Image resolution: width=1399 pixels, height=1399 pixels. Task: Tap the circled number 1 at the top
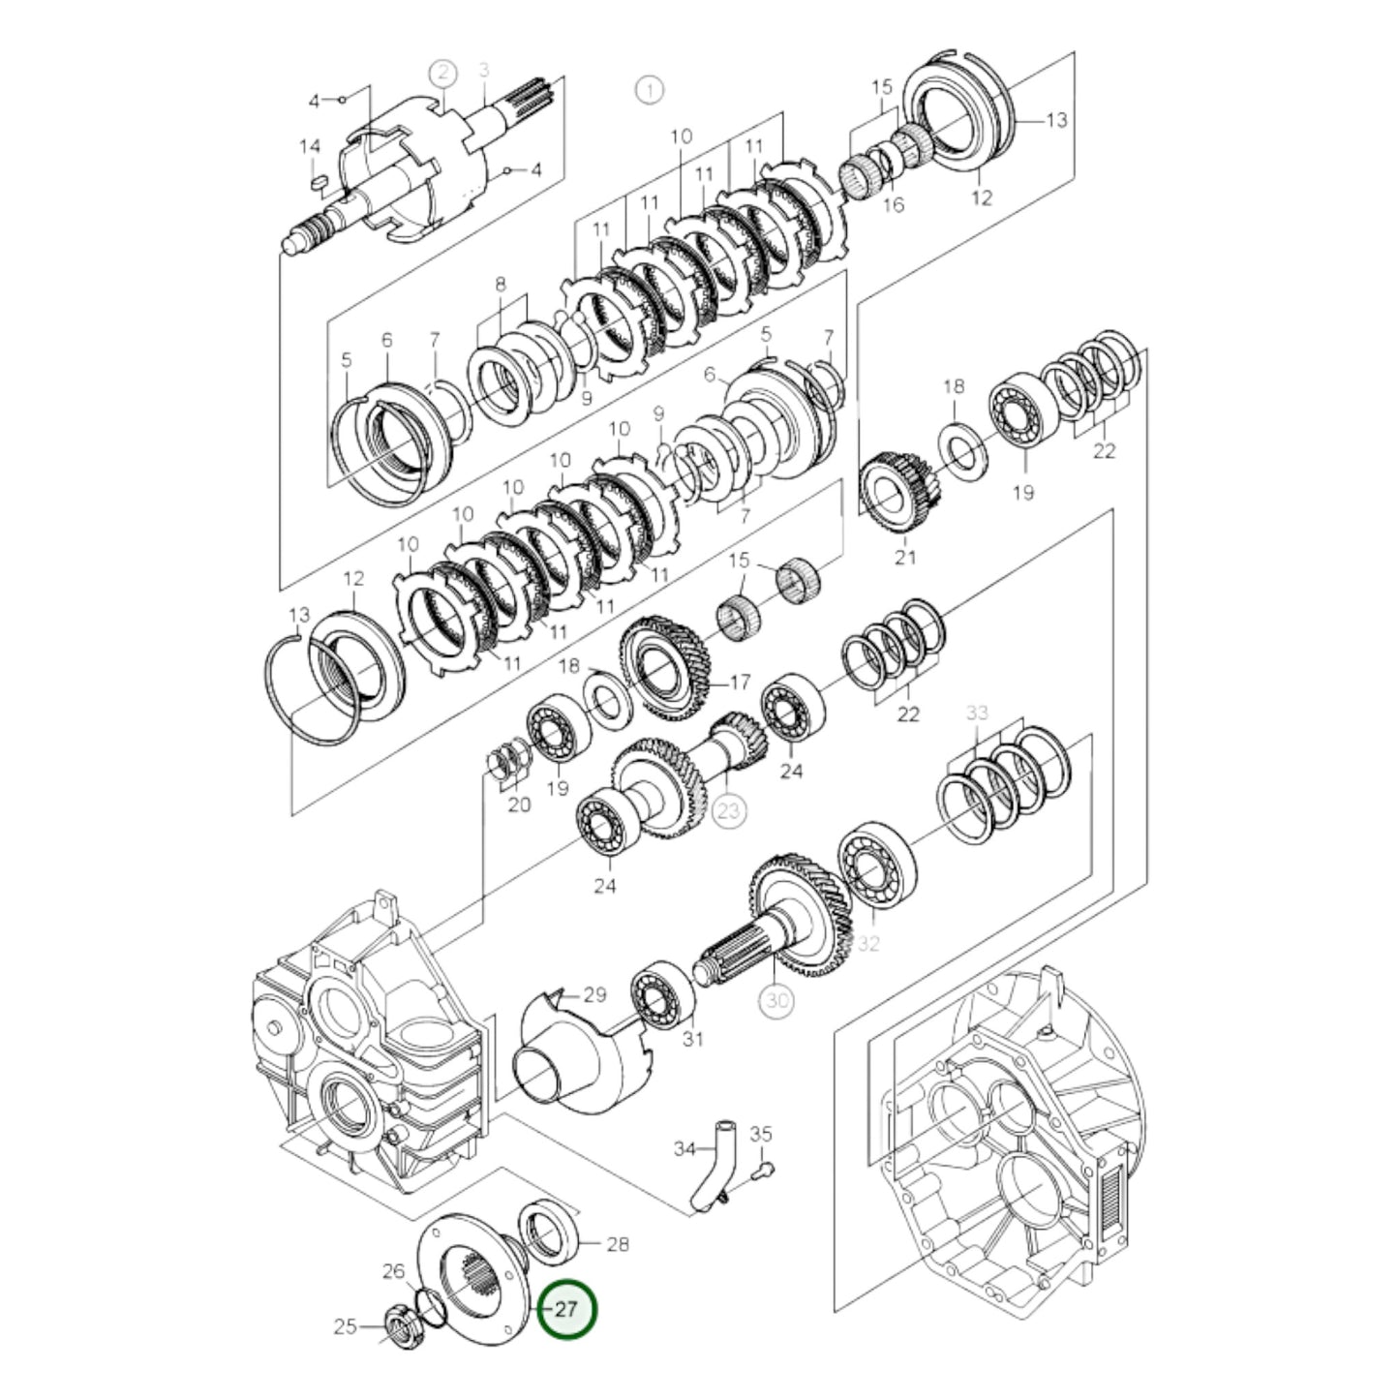pyautogui.click(x=650, y=91)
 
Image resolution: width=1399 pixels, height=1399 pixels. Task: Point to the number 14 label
pyautogui.click(x=309, y=147)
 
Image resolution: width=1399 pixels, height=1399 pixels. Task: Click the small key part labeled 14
pyautogui.click(x=318, y=181)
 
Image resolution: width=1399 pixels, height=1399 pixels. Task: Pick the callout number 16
pyautogui.click(x=894, y=204)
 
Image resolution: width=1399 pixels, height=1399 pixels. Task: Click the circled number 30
pyautogui.click(x=778, y=1001)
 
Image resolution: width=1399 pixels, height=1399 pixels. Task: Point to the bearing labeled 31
pyautogui.click(x=663, y=990)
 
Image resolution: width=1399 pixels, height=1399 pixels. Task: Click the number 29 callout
pyautogui.click(x=593, y=994)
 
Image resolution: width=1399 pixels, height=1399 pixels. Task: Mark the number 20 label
pyautogui.click(x=519, y=804)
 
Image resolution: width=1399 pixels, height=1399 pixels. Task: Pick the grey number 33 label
pyautogui.click(x=977, y=714)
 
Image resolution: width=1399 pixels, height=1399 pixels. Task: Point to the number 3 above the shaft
pyautogui.click(x=484, y=70)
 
